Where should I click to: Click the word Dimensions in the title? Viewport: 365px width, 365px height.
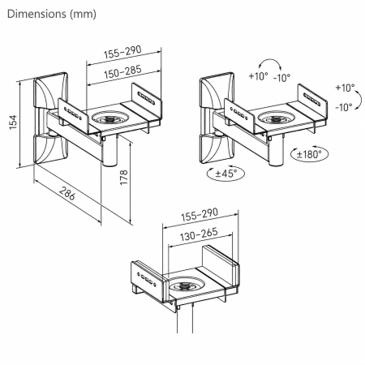click(x=36, y=14)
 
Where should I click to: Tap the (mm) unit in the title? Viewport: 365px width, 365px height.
click(x=83, y=14)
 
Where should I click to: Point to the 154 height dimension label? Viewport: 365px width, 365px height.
click(x=13, y=122)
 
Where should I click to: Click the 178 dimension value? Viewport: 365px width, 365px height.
click(x=123, y=178)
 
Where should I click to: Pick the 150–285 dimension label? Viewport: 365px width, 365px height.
click(x=122, y=71)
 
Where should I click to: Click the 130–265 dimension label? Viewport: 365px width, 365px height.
click(x=199, y=234)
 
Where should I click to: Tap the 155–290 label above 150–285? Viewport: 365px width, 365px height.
click(x=122, y=52)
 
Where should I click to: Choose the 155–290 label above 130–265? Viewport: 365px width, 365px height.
click(x=200, y=214)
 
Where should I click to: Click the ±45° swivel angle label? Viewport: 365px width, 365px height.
click(x=226, y=173)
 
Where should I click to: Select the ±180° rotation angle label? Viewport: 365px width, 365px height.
click(x=309, y=154)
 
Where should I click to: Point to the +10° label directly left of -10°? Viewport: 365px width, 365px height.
click(x=258, y=76)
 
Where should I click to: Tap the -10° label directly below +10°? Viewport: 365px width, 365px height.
click(x=344, y=107)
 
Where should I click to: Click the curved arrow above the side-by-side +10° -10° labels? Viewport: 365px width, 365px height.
click(x=270, y=59)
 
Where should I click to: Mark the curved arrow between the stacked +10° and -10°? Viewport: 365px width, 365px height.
click(x=360, y=100)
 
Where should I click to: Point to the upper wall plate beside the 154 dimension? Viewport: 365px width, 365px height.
click(x=50, y=90)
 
